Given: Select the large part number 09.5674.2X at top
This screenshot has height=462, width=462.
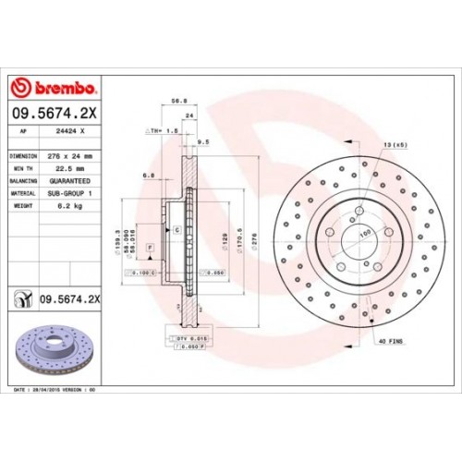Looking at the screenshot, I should pyautogui.click(x=55, y=114).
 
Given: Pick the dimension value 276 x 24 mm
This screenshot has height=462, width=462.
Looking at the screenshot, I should pyautogui.click(x=75, y=156).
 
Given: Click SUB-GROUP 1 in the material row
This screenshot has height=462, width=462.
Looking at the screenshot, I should pyautogui.click(x=73, y=194).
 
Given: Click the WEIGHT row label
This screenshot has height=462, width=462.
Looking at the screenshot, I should pyautogui.click(x=22, y=206).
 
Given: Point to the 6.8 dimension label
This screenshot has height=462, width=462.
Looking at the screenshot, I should pyautogui.click(x=148, y=174).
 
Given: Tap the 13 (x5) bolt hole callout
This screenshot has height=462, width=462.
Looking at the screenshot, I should pyautogui.click(x=394, y=143).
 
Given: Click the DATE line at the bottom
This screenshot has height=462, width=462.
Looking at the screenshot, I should pyautogui.click(x=55, y=392).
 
